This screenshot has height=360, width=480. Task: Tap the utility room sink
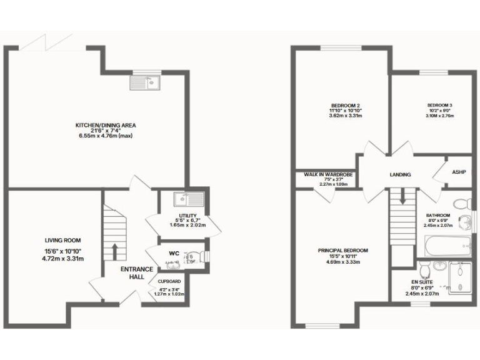pyautogui.click(x=188, y=199)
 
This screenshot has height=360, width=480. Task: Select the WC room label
pyautogui.click(x=174, y=253)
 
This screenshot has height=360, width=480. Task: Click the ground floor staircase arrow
pyautogui.click(x=115, y=250)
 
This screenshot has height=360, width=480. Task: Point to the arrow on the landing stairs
pyautogui.click(x=402, y=197)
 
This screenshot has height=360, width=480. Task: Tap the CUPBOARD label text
pyautogui.click(x=169, y=282)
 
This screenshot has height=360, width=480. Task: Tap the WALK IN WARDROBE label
pyautogui.click(x=329, y=174)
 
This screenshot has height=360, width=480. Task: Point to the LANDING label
pyautogui.click(x=400, y=174)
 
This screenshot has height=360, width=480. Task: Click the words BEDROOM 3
pyautogui.click(x=439, y=104)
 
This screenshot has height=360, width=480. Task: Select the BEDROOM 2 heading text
pyautogui.click(x=345, y=104)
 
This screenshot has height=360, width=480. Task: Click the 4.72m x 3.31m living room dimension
pyautogui.click(x=62, y=258)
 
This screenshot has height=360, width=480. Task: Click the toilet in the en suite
pyautogui.click(x=426, y=269)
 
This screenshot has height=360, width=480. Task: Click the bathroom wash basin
pyautogui.click(x=466, y=220)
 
